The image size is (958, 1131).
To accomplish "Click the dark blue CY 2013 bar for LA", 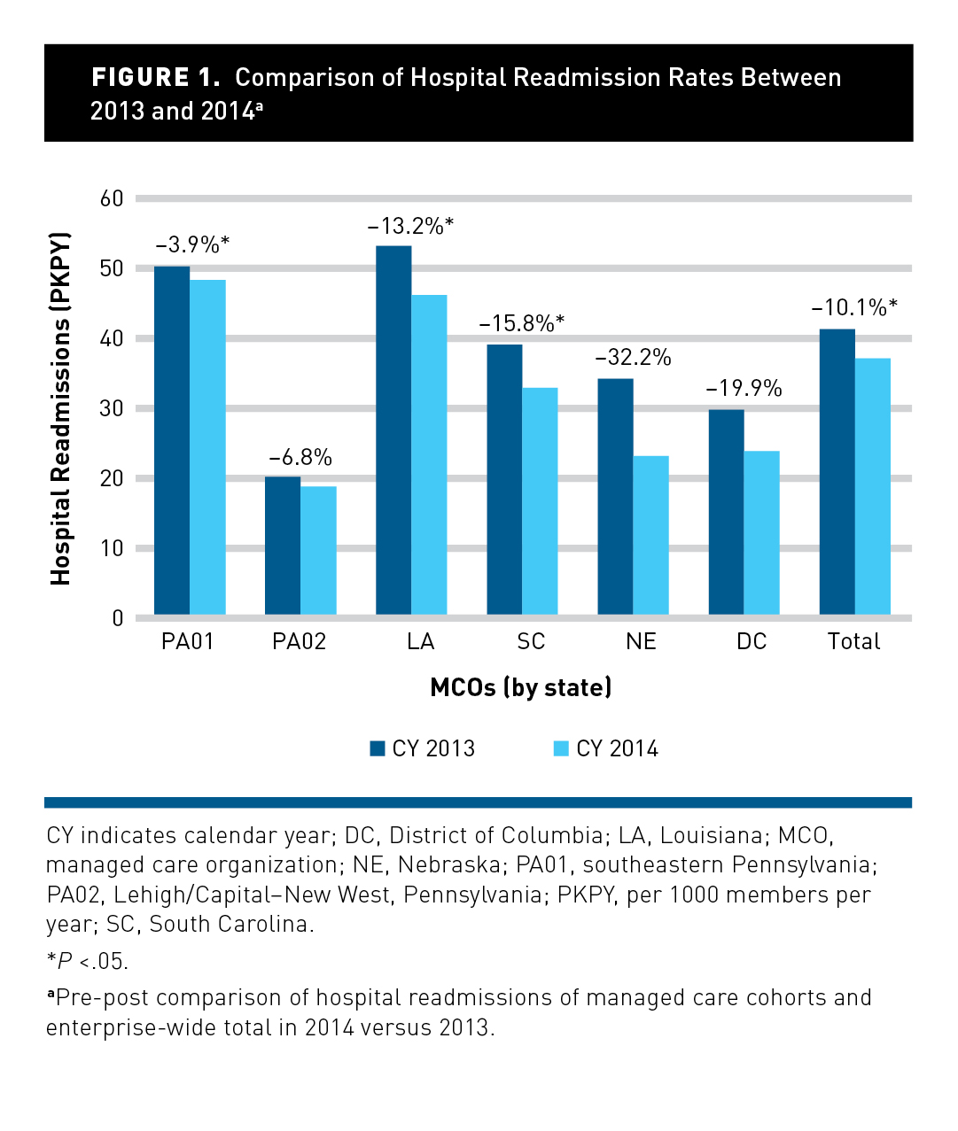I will pos(393,430).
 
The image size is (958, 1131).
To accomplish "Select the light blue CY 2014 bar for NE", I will pos(650,535).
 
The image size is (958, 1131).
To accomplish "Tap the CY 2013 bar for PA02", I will pos(283,546).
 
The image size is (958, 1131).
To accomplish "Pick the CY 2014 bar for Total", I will pos(872,486).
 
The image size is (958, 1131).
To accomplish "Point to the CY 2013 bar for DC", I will pos(726,512).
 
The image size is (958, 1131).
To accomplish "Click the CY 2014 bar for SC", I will pos(540,501).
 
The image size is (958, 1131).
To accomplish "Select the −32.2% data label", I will pos(633,358).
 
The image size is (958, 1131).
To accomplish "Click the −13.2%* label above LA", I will pos(410,226).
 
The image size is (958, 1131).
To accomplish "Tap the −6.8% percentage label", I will pos(300,458).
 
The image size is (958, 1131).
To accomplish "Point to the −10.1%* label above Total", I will pos(854,308).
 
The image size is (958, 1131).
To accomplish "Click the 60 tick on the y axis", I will pos(112,198).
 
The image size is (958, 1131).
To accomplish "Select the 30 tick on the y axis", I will pos(112,408).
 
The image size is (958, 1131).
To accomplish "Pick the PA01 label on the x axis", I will pos(188,642).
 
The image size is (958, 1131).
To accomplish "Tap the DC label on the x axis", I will pos(752,642).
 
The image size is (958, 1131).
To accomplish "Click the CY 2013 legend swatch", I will pos(378,748).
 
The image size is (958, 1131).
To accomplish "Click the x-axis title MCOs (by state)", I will pos(521,688).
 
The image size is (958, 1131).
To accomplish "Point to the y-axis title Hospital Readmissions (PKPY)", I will pos(60,408).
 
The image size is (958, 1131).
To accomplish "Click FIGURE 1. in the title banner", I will pos(156,78).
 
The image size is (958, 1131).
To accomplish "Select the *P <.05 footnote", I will pos(87,962).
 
